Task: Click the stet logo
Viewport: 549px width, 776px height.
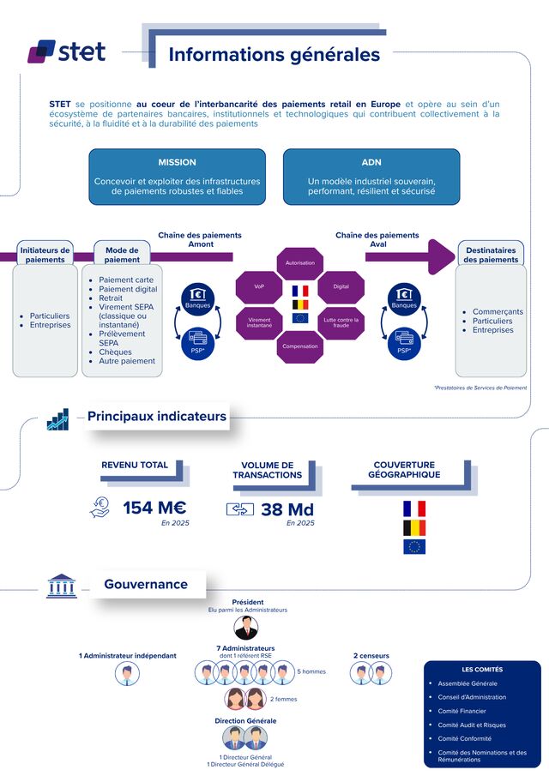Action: pos(67,51)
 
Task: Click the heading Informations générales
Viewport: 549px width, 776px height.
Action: pos(274,54)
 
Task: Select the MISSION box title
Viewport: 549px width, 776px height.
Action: pos(177,162)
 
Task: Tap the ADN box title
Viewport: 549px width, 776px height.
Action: pos(371,162)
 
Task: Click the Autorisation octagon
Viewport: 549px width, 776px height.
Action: pos(299,262)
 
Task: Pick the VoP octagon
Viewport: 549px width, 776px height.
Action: pos(259,286)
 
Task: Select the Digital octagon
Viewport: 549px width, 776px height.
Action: pos(341,286)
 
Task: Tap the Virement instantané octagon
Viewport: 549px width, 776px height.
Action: pos(259,322)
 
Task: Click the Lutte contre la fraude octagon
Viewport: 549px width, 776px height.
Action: pos(341,322)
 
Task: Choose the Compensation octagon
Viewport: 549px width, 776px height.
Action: pos(299,346)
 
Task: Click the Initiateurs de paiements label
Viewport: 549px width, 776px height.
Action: pos(45,255)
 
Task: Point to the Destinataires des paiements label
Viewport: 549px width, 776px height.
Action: pos(491,255)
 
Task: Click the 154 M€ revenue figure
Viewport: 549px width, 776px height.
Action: pos(154,508)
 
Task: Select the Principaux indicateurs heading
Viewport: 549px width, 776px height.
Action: pos(157,417)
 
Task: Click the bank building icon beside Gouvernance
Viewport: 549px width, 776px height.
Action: pos(60,586)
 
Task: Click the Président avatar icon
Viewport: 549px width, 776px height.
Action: pos(247,628)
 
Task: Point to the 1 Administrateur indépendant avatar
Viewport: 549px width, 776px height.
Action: pos(128,674)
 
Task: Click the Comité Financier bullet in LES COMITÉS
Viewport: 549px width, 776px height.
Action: pos(462,711)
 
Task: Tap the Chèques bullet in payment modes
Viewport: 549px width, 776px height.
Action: pos(115,352)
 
